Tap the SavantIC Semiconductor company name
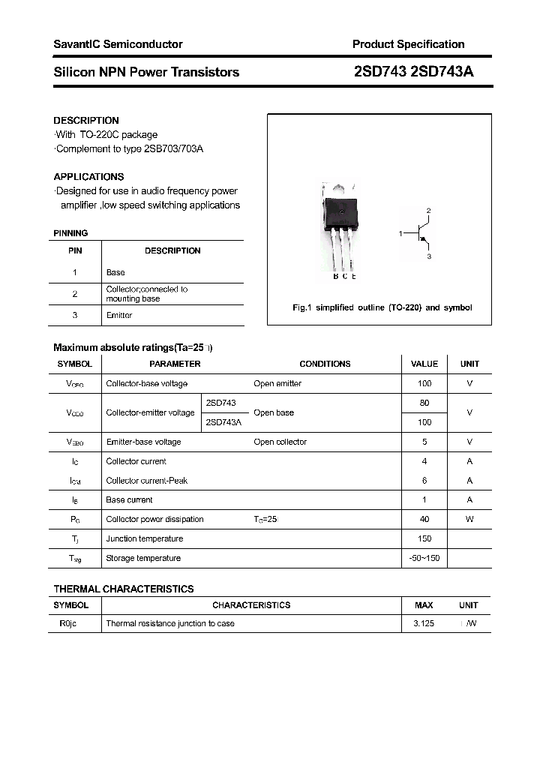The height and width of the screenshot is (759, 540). pyautogui.click(x=118, y=44)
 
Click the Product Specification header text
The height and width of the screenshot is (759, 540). pyautogui.click(x=408, y=44)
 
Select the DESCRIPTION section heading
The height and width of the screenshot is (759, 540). pyautogui.click(x=86, y=120)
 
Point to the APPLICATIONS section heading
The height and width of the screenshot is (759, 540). pyautogui.click(x=88, y=177)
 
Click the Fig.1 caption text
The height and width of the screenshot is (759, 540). pyautogui.click(x=382, y=307)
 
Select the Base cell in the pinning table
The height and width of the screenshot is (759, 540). pyautogui.click(x=115, y=272)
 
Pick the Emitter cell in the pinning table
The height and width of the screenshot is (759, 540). pyautogui.click(x=119, y=315)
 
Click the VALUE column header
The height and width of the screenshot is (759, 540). pyautogui.click(x=424, y=364)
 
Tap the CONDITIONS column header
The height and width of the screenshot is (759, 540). pyautogui.click(x=325, y=364)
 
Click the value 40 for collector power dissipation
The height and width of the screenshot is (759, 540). pyautogui.click(x=424, y=519)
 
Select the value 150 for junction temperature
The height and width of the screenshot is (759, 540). pyautogui.click(x=424, y=538)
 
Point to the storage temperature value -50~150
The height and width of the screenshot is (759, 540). pyautogui.click(x=424, y=558)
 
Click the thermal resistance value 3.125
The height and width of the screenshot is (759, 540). pyautogui.click(x=424, y=623)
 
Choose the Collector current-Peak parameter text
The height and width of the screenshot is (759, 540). pyautogui.click(x=147, y=481)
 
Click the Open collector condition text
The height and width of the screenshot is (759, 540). pyautogui.click(x=280, y=442)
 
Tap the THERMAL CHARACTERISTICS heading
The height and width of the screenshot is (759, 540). pyautogui.click(x=124, y=589)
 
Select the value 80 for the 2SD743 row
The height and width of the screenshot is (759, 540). pyautogui.click(x=424, y=403)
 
